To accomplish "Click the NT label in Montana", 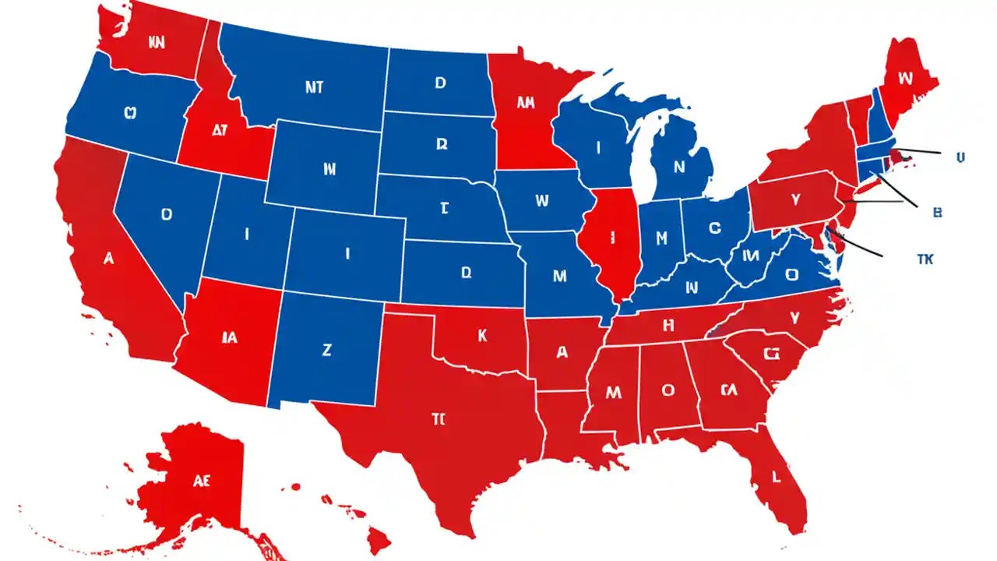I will (314, 88).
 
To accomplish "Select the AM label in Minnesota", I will (525, 103).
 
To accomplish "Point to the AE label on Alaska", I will (202, 481).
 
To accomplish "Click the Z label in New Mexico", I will (326, 351).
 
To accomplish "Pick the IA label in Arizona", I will (229, 338).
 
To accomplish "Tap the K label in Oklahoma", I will (482, 336).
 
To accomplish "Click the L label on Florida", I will (776, 476).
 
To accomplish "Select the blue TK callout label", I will (925, 259).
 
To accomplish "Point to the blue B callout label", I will (937, 212).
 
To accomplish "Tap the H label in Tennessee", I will (667, 326).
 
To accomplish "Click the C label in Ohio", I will (715, 228).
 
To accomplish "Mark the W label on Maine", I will (904, 78).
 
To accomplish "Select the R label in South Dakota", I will (442, 144).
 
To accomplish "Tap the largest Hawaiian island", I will (379, 538).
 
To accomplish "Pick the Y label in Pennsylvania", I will (795, 200).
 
